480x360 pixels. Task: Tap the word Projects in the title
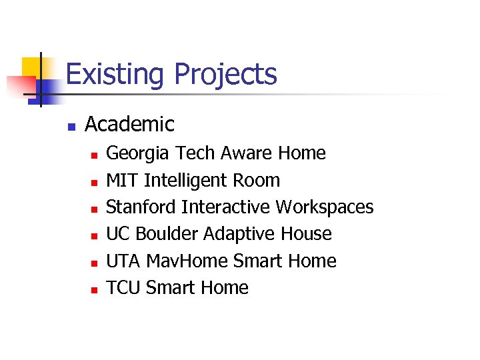pyautogui.click(x=225, y=74)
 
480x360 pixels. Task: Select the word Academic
pyautogui.click(x=129, y=124)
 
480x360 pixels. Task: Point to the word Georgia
pyautogui.click(x=138, y=153)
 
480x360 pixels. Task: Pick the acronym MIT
pyautogui.click(x=122, y=180)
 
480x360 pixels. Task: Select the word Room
pyautogui.click(x=256, y=180)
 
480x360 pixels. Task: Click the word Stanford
pyautogui.click(x=141, y=207)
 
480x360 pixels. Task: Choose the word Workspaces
pyautogui.click(x=325, y=207)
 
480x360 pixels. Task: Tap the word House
pyautogui.click(x=306, y=233)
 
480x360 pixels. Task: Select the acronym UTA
pyautogui.click(x=123, y=261)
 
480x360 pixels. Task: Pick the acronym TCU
pyautogui.click(x=123, y=287)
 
